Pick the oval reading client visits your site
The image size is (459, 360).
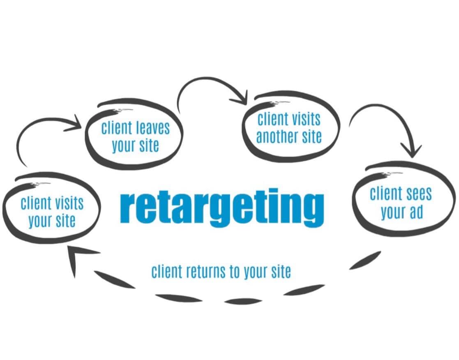51,210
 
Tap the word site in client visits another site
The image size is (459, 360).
310,137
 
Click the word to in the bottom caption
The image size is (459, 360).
235,272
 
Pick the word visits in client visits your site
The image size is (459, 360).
67,203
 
